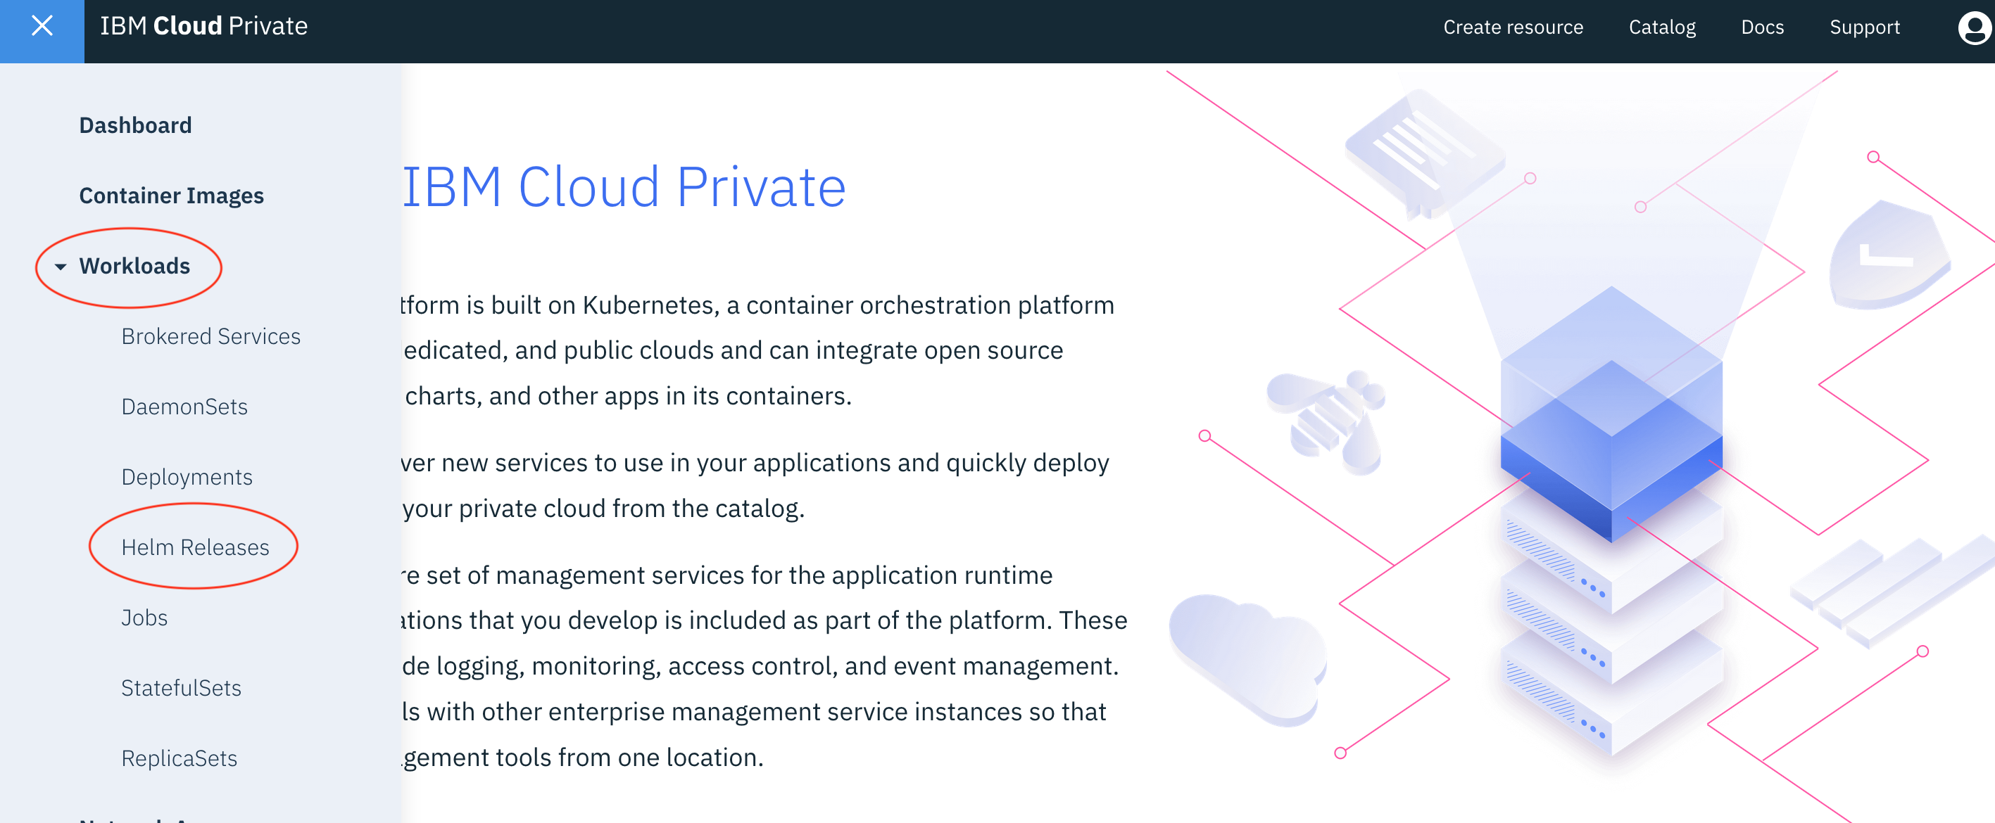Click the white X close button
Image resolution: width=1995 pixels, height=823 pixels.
42,26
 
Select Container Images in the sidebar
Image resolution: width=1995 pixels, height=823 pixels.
171,196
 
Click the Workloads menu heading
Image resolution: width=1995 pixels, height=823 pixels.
134,267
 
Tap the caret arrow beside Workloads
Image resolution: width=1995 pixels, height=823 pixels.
61,267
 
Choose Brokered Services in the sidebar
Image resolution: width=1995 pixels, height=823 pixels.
210,337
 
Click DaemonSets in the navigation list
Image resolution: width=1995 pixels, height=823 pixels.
184,407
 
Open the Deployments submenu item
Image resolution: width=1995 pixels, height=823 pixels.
187,478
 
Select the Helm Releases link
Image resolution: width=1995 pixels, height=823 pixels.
195,548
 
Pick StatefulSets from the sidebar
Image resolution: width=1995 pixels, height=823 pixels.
181,688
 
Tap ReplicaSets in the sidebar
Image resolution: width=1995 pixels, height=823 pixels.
179,759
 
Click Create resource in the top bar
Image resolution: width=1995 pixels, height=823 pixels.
1513,28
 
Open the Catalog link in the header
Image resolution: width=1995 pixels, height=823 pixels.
1662,28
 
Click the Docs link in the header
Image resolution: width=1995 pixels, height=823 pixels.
1762,28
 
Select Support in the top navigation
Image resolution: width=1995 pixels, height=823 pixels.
1864,28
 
